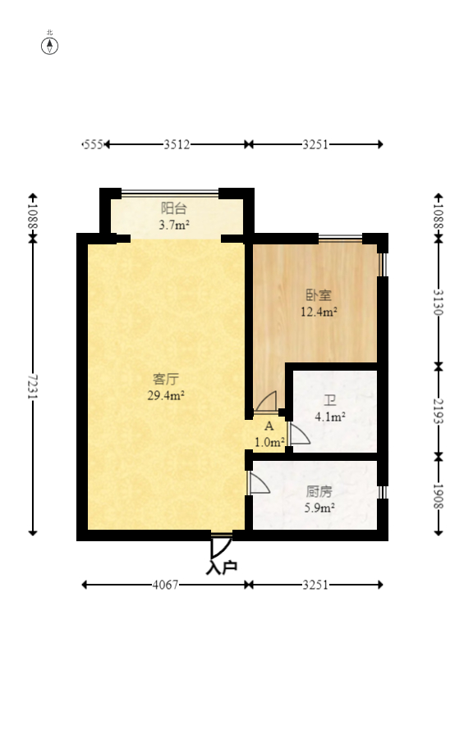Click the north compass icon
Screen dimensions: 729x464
[50, 45]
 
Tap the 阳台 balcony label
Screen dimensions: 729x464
[174, 207]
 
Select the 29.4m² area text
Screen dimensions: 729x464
[166, 395]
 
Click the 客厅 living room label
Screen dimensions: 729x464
[166, 380]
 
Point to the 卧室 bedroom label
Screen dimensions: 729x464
[319, 296]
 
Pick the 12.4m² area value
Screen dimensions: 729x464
[319, 312]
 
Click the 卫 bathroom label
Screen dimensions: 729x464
[330, 400]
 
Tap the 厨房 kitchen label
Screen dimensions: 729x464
[319, 492]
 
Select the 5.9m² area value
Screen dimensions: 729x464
[319, 508]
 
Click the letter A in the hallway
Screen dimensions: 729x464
[269, 426]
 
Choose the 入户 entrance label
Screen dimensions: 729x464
[222, 567]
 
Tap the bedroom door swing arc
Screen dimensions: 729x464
[266, 402]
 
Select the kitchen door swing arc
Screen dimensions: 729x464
[260, 483]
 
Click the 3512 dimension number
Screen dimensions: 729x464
[176, 144]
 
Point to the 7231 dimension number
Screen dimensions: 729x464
[33, 387]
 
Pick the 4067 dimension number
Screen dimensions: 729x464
[166, 585]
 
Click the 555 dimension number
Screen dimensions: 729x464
[92, 144]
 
